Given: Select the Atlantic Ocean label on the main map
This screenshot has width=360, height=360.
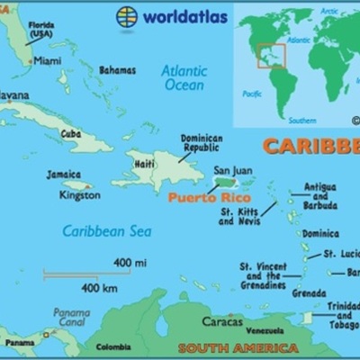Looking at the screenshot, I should pos(185,77).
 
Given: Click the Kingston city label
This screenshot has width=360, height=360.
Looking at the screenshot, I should pos(60,194).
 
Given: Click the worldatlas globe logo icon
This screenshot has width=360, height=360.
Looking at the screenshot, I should pos(127,15).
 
